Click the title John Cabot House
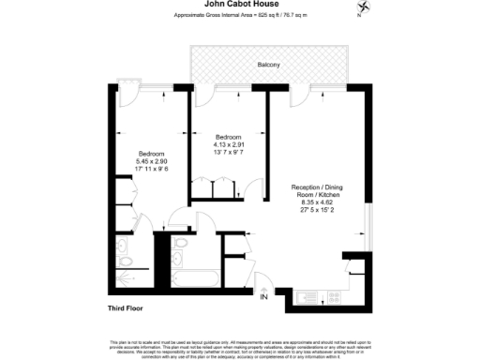click(239, 5)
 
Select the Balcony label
click(268, 65)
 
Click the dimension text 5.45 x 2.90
click(151, 161)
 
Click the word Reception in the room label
click(303, 185)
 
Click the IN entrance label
click(263, 297)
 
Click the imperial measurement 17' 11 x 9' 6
click(151, 170)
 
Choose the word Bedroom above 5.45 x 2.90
click(151, 153)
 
